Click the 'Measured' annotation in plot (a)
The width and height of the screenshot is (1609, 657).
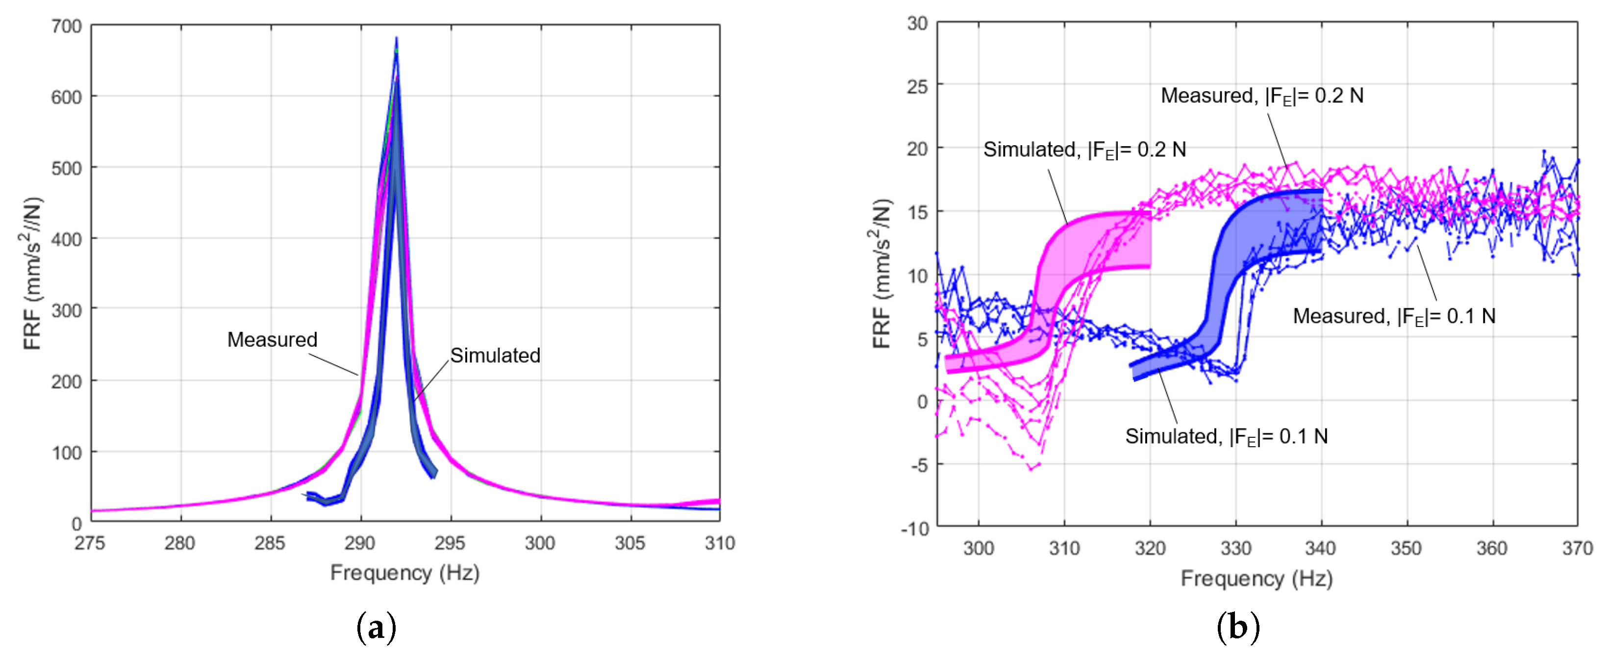272,340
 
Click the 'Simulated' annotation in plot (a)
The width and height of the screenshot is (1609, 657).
495,355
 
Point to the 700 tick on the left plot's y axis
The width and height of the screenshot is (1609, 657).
67,26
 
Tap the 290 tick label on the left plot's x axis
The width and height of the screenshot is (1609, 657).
360,543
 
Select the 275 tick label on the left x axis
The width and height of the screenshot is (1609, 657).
90,543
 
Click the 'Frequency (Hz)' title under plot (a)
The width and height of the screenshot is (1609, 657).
405,573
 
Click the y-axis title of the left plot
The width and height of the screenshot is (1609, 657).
31,274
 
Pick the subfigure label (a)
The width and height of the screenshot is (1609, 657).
376,627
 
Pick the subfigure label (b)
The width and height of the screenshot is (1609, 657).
1238,627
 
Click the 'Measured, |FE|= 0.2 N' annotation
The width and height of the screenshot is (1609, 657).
1262,96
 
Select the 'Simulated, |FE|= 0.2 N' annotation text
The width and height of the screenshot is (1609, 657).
1084,150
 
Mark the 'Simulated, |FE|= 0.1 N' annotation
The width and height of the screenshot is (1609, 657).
1227,436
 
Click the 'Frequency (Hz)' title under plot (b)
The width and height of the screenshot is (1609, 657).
1257,579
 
